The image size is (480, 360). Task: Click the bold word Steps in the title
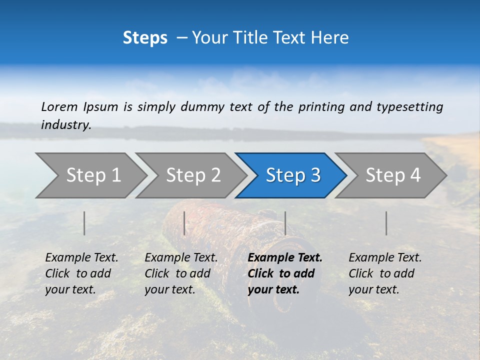click(x=145, y=38)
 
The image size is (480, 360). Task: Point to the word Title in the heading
click(x=247, y=38)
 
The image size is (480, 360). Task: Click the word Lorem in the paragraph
click(x=59, y=106)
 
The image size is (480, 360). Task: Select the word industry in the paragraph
click(x=65, y=125)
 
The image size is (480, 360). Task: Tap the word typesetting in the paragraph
click(x=409, y=107)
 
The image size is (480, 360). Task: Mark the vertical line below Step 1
click(x=84, y=223)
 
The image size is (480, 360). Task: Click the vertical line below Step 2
click(x=184, y=223)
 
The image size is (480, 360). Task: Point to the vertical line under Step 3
click(x=285, y=223)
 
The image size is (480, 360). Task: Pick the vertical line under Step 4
click(x=386, y=223)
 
